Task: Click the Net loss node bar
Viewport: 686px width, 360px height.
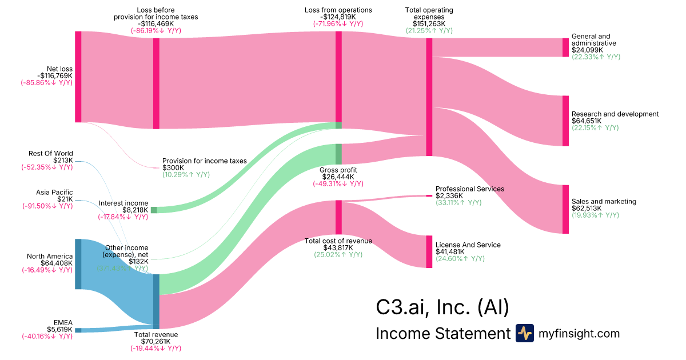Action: (x=78, y=77)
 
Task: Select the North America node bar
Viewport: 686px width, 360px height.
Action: (x=78, y=264)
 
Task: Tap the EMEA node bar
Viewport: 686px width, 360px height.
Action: (x=78, y=330)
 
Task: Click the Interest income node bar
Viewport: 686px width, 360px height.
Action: (x=153, y=210)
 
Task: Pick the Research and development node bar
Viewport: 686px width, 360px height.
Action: (x=565, y=121)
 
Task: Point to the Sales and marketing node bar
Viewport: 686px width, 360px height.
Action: (x=565, y=209)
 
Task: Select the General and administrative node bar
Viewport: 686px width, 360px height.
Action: (x=565, y=47)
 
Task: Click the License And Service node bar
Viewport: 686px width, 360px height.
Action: (x=429, y=251)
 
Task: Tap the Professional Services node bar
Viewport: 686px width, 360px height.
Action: (x=429, y=195)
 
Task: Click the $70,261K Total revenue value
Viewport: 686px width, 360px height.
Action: (x=155, y=342)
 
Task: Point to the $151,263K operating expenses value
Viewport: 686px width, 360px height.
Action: (x=429, y=23)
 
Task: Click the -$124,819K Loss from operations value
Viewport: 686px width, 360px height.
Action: (x=338, y=17)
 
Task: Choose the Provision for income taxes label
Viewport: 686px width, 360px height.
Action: (x=204, y=161)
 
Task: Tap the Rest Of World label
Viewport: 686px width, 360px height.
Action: (x=51, y=153)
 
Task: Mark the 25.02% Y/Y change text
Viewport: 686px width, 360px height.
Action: (x=338, y=254)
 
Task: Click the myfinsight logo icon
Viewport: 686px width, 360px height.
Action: (x=524, y=333)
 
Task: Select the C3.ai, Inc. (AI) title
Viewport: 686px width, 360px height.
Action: (x=442, y=307)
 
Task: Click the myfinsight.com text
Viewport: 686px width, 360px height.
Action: (x=579, y=333)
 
